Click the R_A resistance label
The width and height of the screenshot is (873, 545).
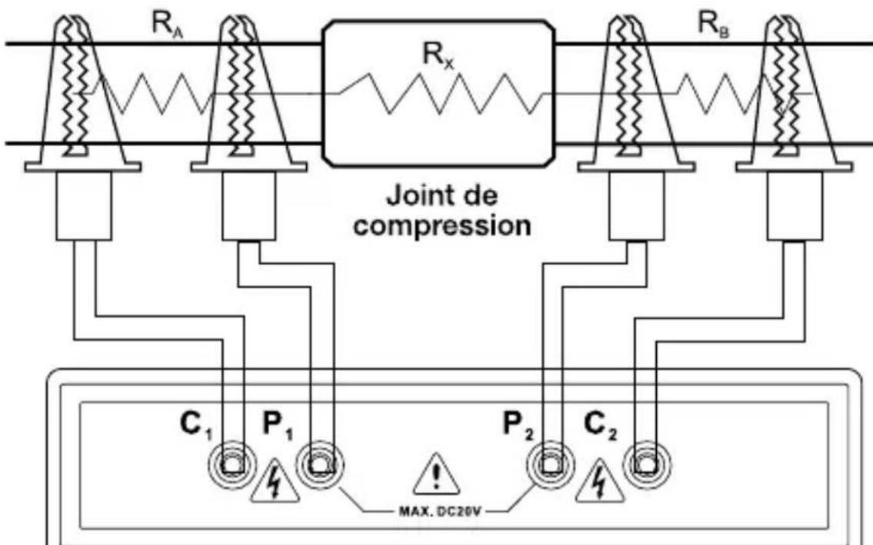167,25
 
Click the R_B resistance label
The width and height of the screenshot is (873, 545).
714,25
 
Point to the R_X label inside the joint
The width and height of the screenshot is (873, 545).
438,55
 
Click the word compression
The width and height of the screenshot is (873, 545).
442,226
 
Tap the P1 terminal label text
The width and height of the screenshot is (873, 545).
278,425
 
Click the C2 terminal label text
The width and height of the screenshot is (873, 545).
600,425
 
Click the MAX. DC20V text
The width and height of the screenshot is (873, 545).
439,510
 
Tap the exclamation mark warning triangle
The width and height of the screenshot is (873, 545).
437,477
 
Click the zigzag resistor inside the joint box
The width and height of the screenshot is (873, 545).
440,94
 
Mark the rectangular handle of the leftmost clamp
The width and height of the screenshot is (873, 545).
84,206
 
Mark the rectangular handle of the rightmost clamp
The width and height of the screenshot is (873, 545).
795,206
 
